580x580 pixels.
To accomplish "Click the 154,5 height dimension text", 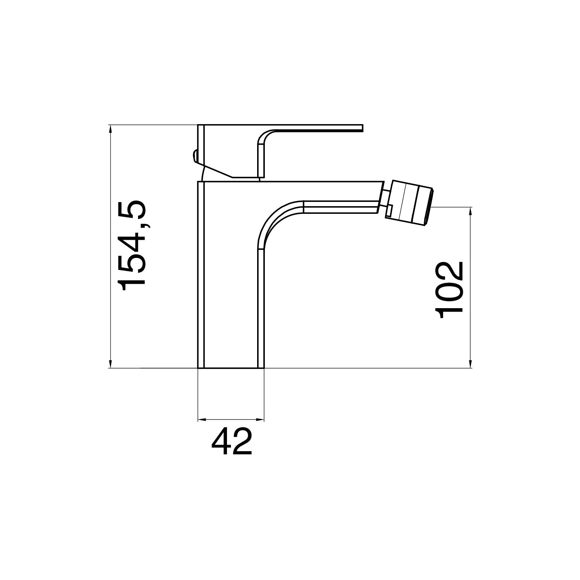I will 133,246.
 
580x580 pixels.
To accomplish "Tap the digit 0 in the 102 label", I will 449,290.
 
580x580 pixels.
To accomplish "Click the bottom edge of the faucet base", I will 231,368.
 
